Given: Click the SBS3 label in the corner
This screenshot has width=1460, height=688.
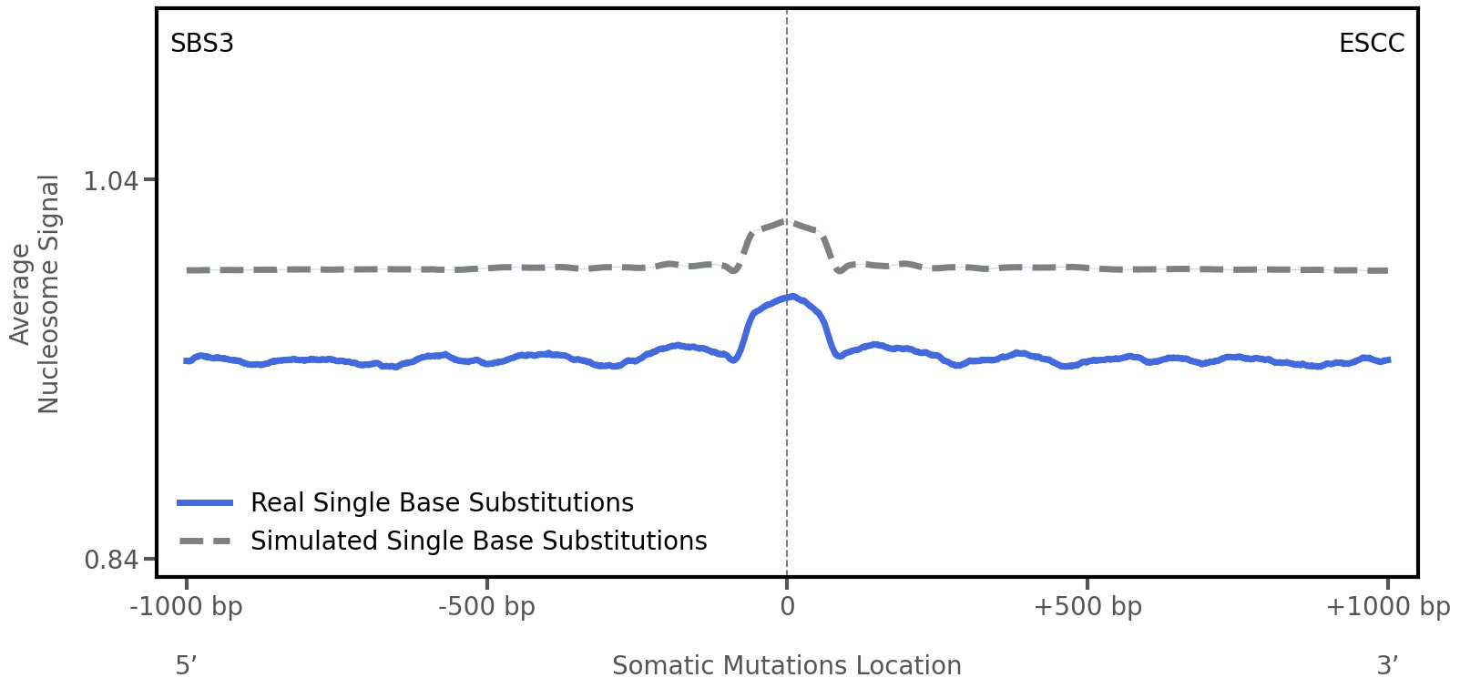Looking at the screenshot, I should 202,43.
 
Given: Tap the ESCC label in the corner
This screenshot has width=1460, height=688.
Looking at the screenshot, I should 1371,43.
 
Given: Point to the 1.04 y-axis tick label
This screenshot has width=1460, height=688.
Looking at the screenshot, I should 111,181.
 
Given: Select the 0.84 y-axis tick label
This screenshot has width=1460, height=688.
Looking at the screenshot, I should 111,559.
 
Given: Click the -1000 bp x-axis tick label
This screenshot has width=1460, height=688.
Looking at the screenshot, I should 187,607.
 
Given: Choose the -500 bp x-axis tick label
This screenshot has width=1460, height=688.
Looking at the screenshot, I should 486,607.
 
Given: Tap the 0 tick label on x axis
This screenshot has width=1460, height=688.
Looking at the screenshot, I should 787,607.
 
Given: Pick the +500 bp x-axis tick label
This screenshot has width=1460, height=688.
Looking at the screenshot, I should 1087,607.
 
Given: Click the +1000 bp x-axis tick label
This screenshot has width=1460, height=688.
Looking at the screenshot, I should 1387,607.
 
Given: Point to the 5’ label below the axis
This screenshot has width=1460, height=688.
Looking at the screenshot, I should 187,665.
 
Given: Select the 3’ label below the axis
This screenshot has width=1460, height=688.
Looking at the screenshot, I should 1387,665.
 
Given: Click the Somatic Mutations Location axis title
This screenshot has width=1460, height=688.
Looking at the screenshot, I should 787,665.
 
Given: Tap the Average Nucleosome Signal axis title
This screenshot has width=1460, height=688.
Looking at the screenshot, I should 36,293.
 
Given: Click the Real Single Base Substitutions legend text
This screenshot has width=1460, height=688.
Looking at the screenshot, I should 442,502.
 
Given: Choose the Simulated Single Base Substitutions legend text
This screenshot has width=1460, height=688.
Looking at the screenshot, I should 478,541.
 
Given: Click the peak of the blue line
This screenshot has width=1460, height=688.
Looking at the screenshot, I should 792,296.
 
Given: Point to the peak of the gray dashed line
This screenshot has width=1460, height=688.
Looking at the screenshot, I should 785,220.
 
